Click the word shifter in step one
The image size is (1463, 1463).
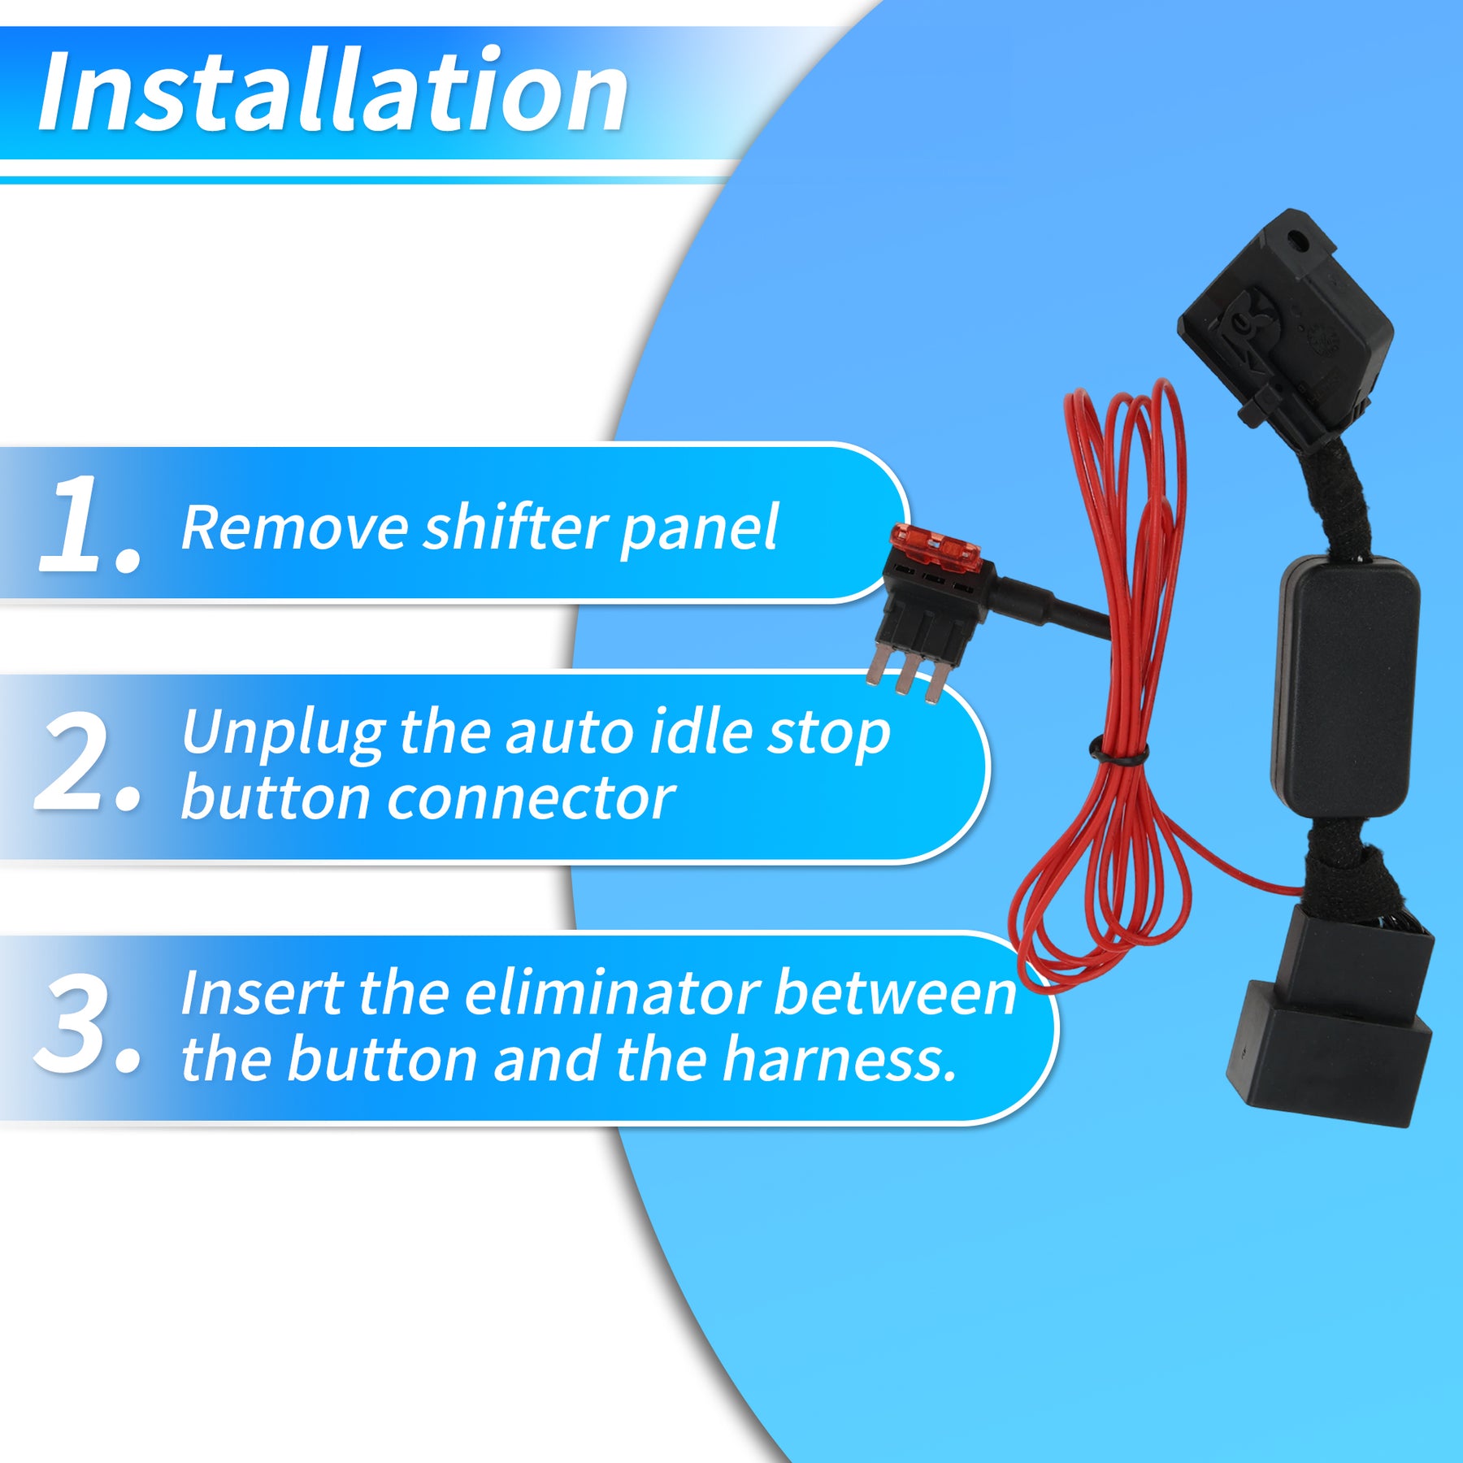pos(515,528)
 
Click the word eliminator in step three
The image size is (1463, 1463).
pos(613,993)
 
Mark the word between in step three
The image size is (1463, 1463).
pos(895,993)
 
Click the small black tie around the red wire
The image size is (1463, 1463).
pos(1118,751)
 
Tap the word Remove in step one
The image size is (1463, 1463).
pos(294,528)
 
